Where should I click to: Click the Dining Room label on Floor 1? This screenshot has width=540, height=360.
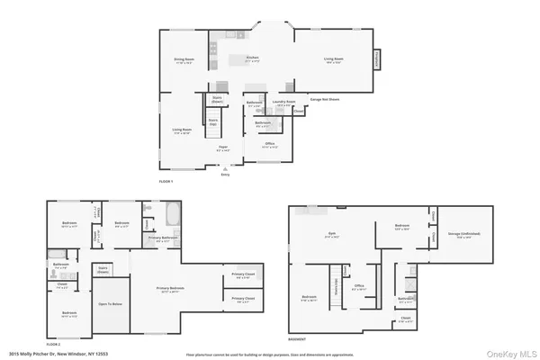[x=184, y=61]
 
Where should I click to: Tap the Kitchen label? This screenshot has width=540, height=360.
[x=253, y=59]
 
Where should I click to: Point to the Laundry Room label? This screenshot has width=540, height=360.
[x=285, y=103]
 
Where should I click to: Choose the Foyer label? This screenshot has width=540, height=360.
[x=221, y=149]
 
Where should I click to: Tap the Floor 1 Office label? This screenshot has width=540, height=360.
[x=269, y=144]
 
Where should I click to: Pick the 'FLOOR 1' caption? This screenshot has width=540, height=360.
[x=166, y=181]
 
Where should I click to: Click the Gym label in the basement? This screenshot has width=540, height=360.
[x=330, y=236]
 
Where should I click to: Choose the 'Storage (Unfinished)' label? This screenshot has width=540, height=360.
[x=464, y=238]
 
